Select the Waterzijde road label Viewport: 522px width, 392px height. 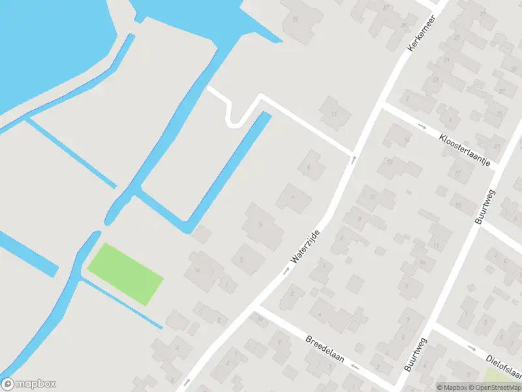(x=306, y=246)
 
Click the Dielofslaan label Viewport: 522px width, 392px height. (x=504, y=367)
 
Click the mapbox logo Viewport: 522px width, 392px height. (x=29, y=384)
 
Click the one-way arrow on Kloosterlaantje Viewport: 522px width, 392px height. (x=422, y=125)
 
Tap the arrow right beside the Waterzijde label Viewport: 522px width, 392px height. (x=286, y=269)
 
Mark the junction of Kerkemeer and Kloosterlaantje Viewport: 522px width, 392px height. (x=382, y=105)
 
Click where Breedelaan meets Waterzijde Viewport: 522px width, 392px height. (x=257, y=304)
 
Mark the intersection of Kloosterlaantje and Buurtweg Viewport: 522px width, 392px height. (x=500, y=165)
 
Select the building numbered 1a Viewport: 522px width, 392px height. (x=196, y=270)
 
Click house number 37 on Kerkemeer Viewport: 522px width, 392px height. (x=386, y=8)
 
